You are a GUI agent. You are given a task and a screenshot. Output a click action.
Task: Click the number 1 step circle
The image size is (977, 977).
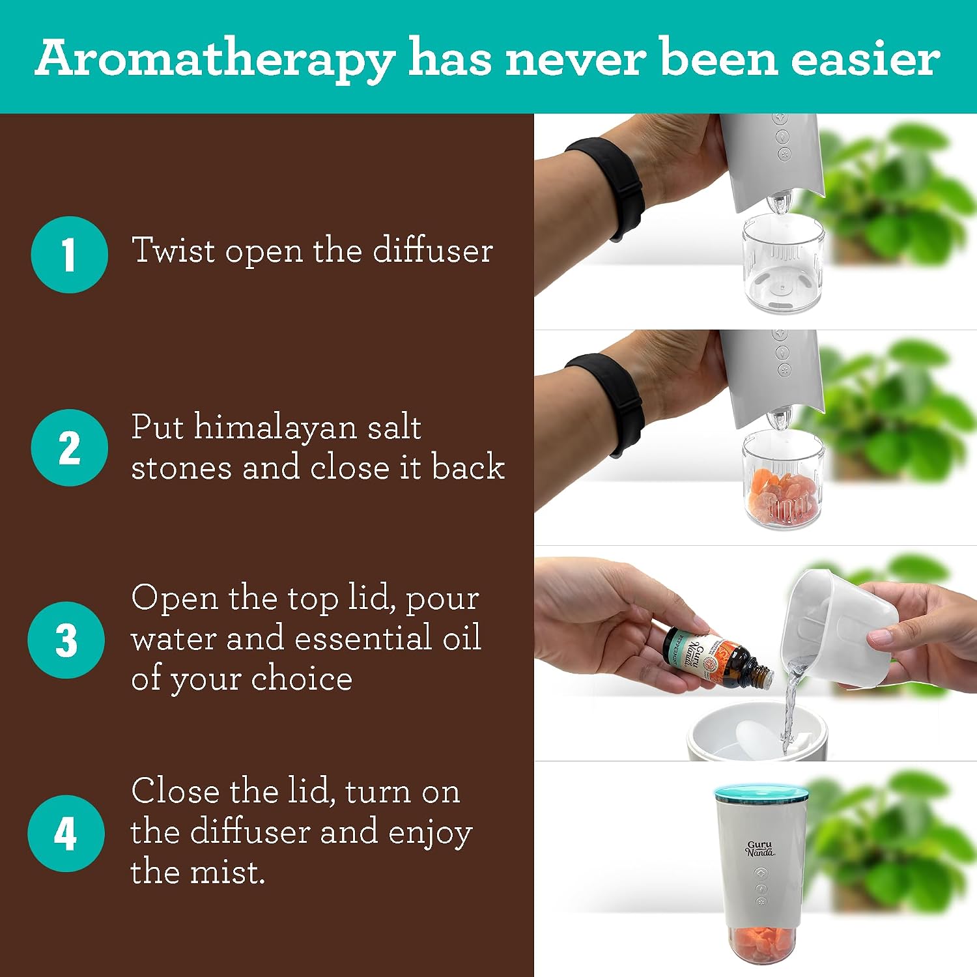[69, 255]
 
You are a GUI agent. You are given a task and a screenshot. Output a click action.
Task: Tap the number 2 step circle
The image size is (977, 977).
[69, 447]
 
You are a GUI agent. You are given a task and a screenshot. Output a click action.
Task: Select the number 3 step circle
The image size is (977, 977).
[66, 640]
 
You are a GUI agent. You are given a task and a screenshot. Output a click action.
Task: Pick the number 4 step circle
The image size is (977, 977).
[66, 833]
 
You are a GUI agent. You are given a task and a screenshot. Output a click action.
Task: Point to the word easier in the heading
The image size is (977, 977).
[866, 58]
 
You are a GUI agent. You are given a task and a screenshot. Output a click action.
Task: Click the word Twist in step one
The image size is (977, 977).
[173, 250]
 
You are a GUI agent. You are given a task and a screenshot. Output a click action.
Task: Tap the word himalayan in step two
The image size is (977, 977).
[275, 429]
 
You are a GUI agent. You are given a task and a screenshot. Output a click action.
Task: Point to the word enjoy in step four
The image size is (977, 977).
[431, 833]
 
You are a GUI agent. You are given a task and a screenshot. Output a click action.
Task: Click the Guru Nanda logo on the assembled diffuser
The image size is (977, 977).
[759, 849]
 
